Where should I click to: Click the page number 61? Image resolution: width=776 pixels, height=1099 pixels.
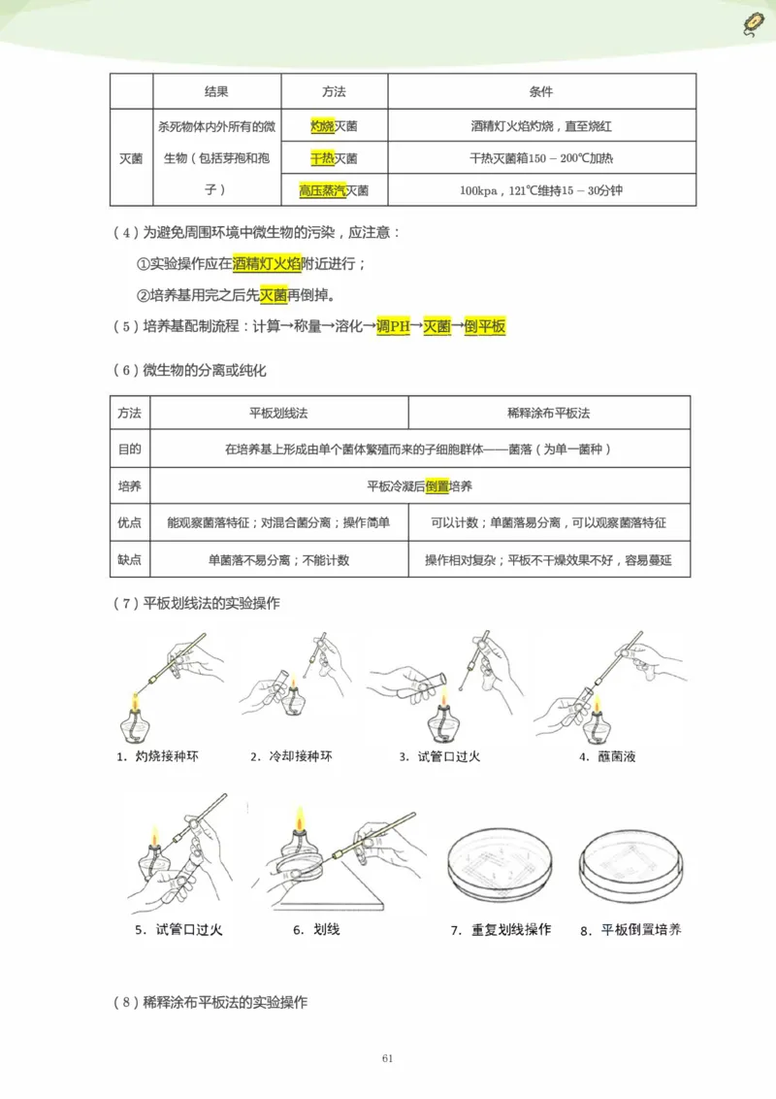pyautogui.click(x=387, y=1058)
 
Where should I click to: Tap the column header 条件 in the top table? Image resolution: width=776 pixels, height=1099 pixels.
pyautogui.click(x=541, y=92)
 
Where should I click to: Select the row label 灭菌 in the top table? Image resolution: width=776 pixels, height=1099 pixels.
pyautogui.click(x=131, y=158)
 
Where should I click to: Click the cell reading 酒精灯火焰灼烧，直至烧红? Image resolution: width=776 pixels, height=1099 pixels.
pyautogui.click(x=541, y=126)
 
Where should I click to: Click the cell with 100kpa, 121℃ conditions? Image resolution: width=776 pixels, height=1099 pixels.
pyautogui.click(x=541, y=191)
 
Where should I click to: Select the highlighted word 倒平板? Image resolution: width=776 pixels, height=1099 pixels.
pyautogui.click(x=485, y=327)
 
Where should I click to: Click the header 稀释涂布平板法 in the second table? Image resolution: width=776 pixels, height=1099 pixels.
pyautogui.click(x=549, y=413)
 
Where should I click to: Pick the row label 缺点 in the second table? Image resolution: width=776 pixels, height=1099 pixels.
pyautogui.click(x=130, y=559)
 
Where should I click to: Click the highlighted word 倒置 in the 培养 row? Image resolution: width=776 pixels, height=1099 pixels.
pyautogui.click(x=437, y=485)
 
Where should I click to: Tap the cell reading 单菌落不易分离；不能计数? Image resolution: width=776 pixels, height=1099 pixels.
pyautogui.click(x=278, y=560)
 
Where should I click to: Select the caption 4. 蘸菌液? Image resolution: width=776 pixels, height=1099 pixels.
pyautogui.click(x=606, y=756)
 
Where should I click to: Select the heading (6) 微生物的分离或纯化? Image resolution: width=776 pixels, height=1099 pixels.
pyautogui.click(x=189, y=370)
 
